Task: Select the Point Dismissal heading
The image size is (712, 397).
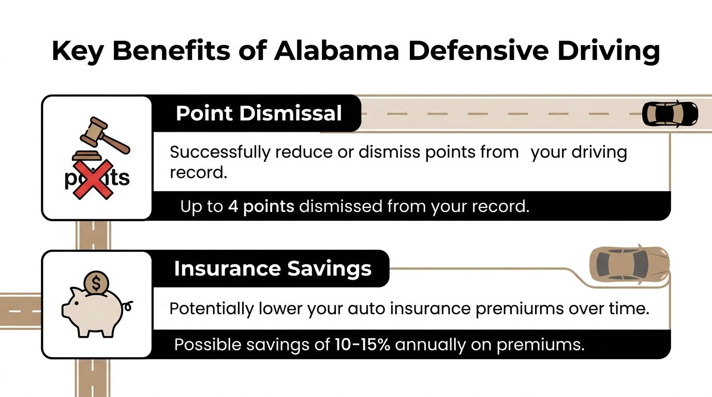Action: point(259,113)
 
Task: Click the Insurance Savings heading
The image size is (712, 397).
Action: point(273,269)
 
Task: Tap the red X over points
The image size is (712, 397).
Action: point(94,179)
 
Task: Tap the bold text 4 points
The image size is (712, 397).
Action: point(261,207)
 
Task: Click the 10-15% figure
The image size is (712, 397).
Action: point(362,345)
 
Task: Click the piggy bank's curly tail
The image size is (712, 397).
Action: point(128,304)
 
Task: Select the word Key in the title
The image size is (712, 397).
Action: point(78,51)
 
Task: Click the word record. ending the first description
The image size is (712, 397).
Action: point(199,173)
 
